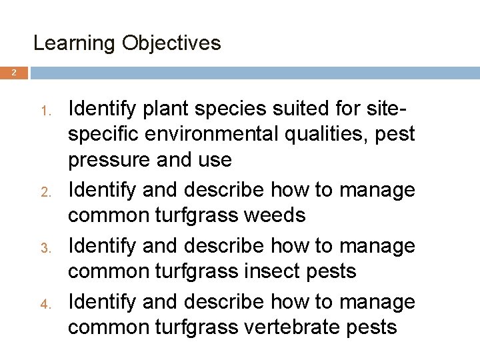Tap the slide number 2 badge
[14, 73]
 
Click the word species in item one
[222, 107]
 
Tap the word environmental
[225, 135]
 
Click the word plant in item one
[155, 107]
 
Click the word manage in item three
[377, 246]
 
